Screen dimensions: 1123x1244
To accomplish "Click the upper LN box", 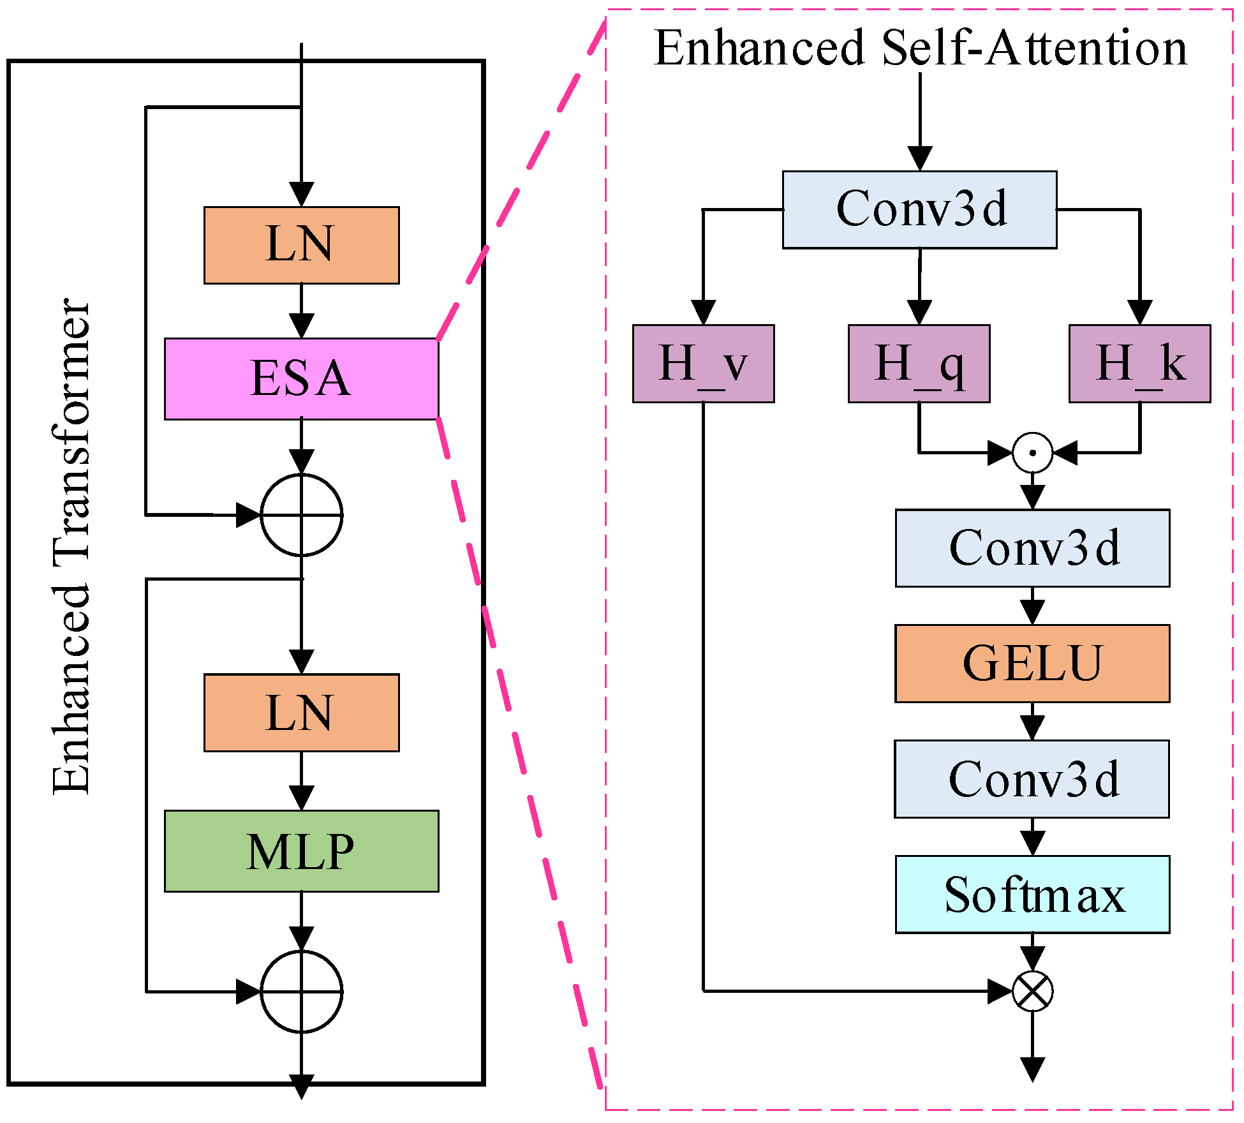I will coord(301,245).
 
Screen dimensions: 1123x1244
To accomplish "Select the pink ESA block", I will coord(301,379).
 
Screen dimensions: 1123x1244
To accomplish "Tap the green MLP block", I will coord(301,851).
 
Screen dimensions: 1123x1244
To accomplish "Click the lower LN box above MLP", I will coord(301,713).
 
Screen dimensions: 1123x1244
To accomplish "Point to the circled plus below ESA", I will coord(302,515).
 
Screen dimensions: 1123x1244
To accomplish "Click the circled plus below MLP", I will coord(302,992).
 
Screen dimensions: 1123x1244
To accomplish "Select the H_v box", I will coord(703,364).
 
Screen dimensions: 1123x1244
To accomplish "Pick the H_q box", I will coord(919,364).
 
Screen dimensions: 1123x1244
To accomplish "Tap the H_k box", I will coord(1139,364).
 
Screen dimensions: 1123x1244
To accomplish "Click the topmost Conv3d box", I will coord(919,209).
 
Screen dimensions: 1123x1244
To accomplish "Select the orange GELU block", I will coord(1032,664).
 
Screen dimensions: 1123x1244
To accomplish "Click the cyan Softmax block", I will coord(1032,895).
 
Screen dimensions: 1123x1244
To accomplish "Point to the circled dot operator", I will coord(1032,452).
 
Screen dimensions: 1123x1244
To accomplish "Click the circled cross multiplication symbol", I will coord(1032,992).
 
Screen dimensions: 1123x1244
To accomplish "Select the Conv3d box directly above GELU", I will coord(1032,548).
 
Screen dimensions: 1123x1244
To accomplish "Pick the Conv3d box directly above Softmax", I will coord(1032,779).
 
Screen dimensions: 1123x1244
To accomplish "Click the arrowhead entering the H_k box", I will coord(1139,313).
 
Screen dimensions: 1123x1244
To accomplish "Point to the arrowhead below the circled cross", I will coord(1032,1069).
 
